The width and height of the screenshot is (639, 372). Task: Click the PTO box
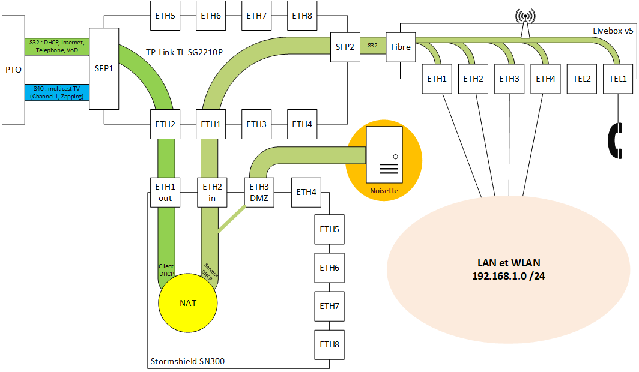(13, 70)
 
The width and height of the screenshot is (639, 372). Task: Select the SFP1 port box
(104, 68)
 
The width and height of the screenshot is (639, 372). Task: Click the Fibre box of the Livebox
(401, 46)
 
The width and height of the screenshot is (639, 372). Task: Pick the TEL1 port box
(617, 79)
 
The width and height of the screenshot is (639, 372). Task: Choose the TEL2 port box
(581, 79)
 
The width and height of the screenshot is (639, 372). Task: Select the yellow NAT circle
(187, 302)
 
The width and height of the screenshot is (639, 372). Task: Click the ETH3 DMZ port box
(259, 192)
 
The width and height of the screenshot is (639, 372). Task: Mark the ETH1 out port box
(165, 192)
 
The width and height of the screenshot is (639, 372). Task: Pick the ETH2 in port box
(212, 192)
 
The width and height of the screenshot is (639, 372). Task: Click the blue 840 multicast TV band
(57, 92)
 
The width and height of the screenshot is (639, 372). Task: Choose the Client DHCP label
(166, 269)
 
